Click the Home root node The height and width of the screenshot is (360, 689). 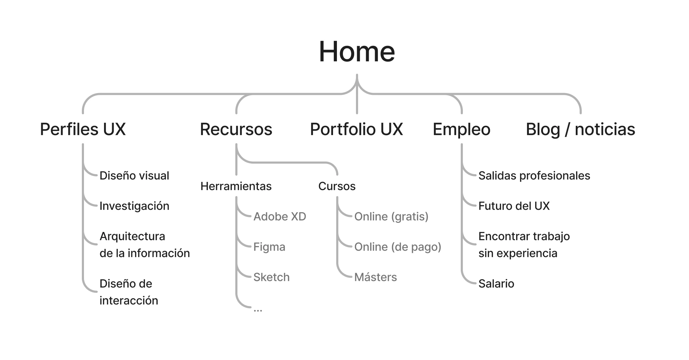pos(357,52)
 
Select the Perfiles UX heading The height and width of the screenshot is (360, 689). pos(83,129)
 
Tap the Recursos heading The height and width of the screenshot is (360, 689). pos(236,129)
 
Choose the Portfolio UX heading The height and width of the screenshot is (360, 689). pos(356,129)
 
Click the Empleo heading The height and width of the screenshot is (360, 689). pos(461,129)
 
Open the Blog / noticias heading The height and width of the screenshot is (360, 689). pos(580,129)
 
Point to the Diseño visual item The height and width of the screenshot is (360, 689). pos(134,176)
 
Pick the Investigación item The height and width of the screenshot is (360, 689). pos(134,206)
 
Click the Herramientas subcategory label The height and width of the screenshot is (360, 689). pos(236,186)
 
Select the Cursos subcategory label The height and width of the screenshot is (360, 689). pos(337,186)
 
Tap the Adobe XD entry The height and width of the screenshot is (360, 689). pos(279,216)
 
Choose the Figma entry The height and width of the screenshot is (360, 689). pos(269,247)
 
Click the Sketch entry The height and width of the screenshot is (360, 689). pos(271,277)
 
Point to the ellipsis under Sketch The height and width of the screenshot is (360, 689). pos(258,310)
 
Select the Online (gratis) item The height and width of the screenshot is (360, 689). pos(391,216)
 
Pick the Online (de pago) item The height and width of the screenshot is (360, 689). pos(398,247)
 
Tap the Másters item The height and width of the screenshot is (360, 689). pos(375,277)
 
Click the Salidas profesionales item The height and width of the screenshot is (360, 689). pos(534,176)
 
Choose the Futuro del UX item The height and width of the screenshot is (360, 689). pos(514,206)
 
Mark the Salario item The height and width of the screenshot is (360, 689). pos(496,283)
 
